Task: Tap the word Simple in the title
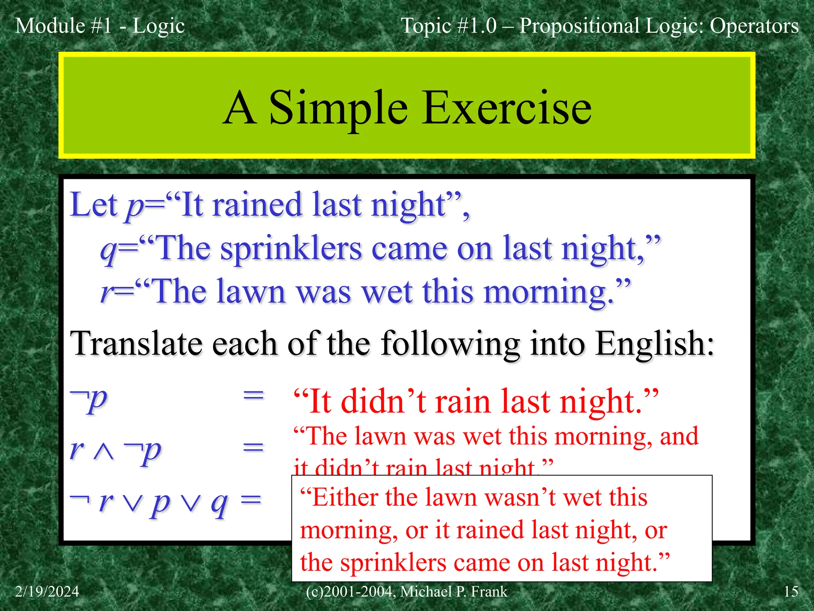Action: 338,108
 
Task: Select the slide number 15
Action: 791,592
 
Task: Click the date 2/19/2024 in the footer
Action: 47,592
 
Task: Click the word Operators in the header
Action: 754,26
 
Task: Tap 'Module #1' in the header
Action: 64,26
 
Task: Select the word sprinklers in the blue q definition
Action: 291,249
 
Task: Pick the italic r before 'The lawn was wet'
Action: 106,292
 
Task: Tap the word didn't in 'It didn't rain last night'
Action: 383,402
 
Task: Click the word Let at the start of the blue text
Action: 94,205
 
